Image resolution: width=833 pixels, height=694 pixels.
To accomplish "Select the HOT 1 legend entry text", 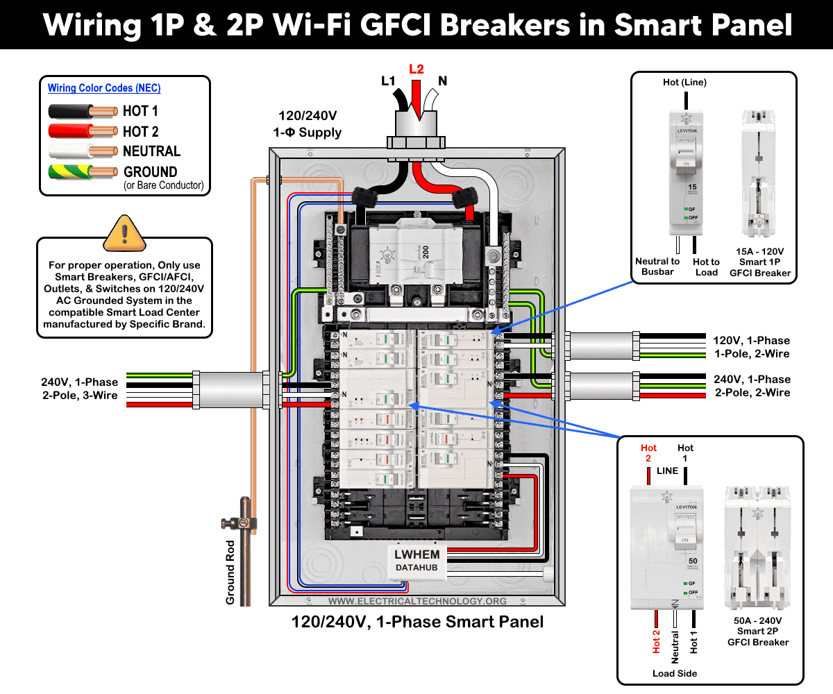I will (x=140, y=111).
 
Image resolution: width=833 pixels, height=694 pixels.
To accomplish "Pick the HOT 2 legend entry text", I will (x=140, y=131).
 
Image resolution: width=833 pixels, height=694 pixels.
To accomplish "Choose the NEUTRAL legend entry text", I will (x=151, y=151).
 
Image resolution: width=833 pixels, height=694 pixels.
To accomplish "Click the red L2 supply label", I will (x=416, y=69).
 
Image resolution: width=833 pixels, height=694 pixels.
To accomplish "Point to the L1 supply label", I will (x=388, y=81).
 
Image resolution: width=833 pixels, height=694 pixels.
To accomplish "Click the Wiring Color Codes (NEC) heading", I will (x=104, y=88).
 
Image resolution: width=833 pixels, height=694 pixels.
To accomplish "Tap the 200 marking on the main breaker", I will (x=425, y=252).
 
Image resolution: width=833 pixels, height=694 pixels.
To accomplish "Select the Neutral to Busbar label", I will (x=657, y=266).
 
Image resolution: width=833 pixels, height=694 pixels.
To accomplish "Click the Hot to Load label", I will (x=706, y=266).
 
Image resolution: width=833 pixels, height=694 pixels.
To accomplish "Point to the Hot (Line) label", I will (x=684, y=83).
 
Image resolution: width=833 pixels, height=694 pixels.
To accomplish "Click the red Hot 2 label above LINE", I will (x=649, y=453).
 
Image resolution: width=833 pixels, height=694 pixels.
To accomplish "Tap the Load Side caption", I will (x=675, y=673).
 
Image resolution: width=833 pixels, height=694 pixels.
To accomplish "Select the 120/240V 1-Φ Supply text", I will (x=310, y=124).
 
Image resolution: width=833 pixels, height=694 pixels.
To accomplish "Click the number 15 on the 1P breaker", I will (x=691, y=187).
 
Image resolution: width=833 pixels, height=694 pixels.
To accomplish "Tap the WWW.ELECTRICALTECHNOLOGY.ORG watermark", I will (x=417, y=601).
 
